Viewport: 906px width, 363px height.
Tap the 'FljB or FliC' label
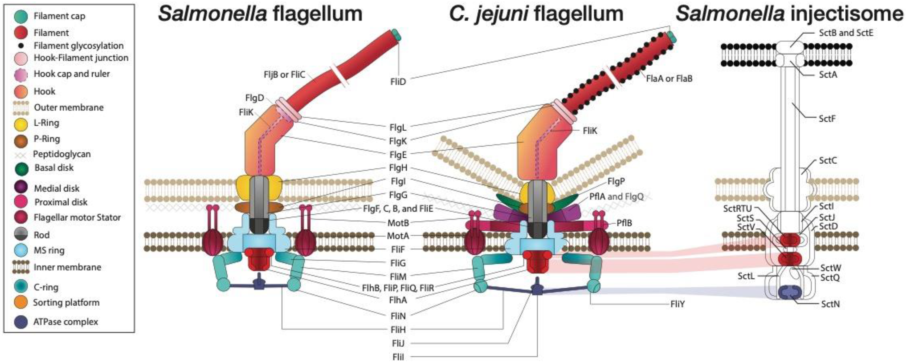[284, 75]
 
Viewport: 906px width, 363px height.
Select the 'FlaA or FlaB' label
[669, 78]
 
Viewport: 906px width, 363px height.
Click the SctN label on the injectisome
[830, 304]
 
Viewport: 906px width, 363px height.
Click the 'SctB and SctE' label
[846, 33]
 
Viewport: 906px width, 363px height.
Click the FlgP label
[616, 181]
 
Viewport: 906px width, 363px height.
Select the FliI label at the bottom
[398, 357]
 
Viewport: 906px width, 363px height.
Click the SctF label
[827, 119]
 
